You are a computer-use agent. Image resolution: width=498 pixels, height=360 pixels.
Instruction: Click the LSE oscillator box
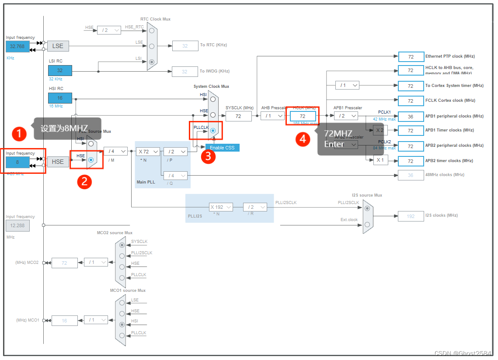pyautogui.click(x=58, y=46)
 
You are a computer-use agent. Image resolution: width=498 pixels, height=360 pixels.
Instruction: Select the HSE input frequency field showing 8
pyautogui.click(x=17, y=162)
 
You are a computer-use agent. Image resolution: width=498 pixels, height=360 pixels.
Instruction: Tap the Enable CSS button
pyautogui.click(x=222, y=148)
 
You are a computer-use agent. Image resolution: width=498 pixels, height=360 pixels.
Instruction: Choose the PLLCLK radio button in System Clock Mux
pyautogui.click(x=213, y=131)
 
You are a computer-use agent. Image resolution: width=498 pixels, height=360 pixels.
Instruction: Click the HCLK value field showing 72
pyautogui.click(x=302, y=116)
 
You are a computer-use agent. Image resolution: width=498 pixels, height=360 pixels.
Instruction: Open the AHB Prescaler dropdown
pyautogui.click(x=272, y=116)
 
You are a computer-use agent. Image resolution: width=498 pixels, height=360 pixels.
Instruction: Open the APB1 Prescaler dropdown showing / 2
pyautogui.click(x=345, y=116)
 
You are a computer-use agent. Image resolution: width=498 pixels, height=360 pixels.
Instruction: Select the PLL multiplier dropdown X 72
pyautogui.click(x=148, y=152)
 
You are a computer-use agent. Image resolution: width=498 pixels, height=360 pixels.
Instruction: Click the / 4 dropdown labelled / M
pyautogui.click(x=115, y=151)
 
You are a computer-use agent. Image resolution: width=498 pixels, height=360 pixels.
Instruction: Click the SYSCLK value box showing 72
pyautogui.click(x=238, y=116)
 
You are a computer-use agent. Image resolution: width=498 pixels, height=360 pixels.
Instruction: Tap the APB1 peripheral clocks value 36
pyautogui.click(x=411, y=116)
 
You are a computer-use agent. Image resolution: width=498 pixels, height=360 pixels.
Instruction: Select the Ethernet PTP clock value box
pyautogui.click(x=411, y=57)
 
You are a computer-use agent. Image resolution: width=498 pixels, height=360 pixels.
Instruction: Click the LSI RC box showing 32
pyautogui.click(x=60, y=70)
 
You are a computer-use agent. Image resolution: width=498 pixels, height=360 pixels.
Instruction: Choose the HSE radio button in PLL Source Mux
pyautogui.click(x=91, y=160)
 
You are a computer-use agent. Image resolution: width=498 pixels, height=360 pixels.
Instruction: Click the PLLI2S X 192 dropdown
pyautogui.click(x=220, y=207)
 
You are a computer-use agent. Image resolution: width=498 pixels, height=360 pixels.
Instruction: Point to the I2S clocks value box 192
pyautogui.click(x=411, y=216)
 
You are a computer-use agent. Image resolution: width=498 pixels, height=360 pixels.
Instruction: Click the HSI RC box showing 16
pyautogui.click(x=60, y=98)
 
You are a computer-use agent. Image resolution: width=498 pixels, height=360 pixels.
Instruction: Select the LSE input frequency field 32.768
pyautogui.click(x=17, y=46)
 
